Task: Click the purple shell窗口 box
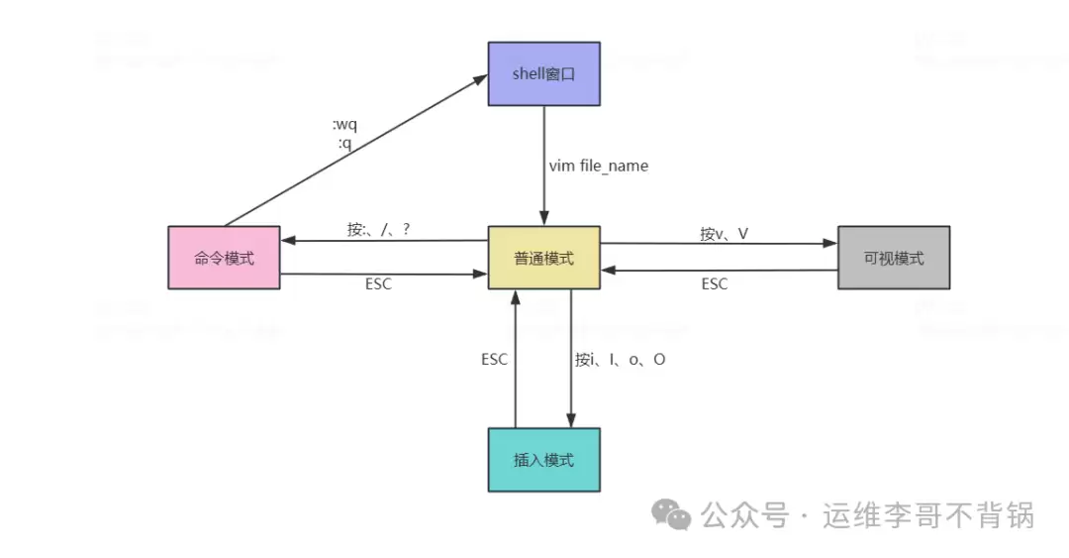coord(543,73)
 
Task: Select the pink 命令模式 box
coord(224,258)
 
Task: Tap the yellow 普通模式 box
coord(543,258)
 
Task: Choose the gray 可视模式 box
coord(893,258)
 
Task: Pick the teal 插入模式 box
coord(543,460)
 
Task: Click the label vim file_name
coord(599,166)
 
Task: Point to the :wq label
coord(344,126)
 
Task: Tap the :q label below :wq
coord(344,143)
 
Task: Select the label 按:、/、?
coord(378,229)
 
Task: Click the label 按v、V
coord(724,234)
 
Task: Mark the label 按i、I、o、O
coord(620,359)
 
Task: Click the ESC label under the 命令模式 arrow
coord(378,284)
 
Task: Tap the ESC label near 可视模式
coord(715,284)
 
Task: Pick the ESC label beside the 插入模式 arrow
coord(494,359)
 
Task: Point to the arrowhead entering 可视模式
coord(830,243)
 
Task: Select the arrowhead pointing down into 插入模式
coord(571,420)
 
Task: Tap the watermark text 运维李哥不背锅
coord(928,515)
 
